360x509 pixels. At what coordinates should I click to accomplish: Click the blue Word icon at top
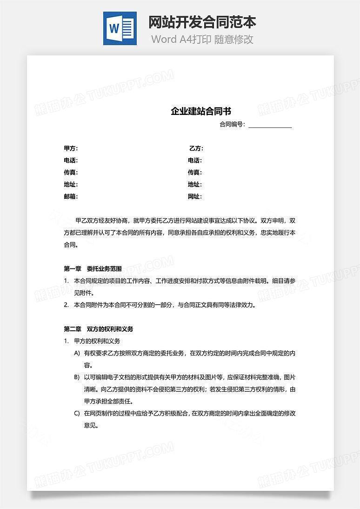click(120, 28)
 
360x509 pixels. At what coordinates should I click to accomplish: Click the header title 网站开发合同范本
click(202, 22)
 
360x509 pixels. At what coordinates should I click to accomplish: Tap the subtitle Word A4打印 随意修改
click(202, 39)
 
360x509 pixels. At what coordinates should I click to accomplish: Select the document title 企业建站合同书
click(201, 111)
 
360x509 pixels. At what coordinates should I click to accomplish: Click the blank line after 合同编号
click(270, 125)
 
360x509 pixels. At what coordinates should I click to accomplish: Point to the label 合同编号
click(232, 125)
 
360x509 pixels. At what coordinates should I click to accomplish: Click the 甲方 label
click(71, 148)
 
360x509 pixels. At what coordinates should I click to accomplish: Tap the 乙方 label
click(196, 148)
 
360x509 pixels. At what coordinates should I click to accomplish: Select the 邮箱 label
click(71, 196)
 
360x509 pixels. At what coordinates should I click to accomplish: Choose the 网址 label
click(195, 196)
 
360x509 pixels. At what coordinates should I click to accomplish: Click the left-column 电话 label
click(71, 161)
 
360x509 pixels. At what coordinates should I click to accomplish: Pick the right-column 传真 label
click(195, 173)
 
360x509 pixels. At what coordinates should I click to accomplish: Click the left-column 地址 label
click(71, 185)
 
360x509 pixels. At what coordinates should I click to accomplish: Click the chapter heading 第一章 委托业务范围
click(93, 268)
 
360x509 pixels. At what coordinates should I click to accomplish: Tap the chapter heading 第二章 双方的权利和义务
click(98, 329)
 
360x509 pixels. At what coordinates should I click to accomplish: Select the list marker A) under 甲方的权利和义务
click(77, 353)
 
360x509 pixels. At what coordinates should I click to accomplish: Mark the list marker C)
click(77, 413)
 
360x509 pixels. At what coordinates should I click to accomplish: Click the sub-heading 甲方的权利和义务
click(97, 341)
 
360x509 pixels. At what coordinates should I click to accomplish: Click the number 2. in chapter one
click(66, 305)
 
